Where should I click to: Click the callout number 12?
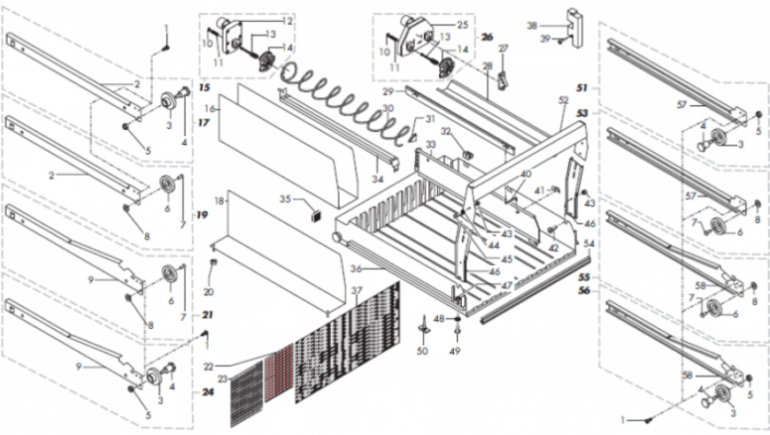click(287, 19)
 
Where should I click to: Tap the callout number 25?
click(462, 25)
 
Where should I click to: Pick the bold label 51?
click(582, 88)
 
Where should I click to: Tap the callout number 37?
click(356, 292)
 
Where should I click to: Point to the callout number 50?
click(421, 352)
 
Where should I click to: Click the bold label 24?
click(207, 392)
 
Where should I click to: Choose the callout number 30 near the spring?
click(387, 108)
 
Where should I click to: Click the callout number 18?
click(219, 202)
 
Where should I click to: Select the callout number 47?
click(507, 286)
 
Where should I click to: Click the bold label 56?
click(585, 289)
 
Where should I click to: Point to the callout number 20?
click(209, 292)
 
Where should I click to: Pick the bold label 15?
click(204, 89)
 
